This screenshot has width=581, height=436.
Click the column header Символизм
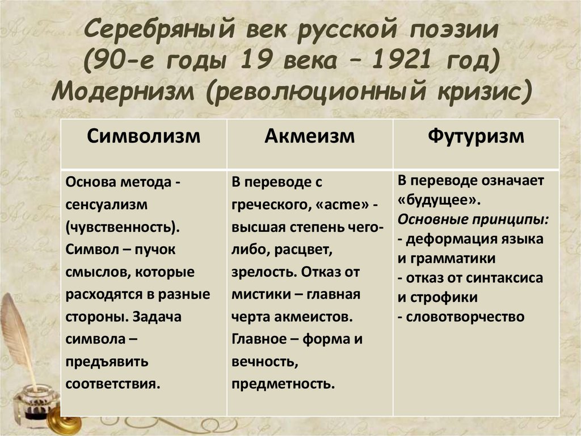point(144,136)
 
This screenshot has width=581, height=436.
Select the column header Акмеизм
point(309,136)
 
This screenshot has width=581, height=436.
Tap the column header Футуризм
point(476,136)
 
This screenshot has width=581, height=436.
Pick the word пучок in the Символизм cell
point(157,249)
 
